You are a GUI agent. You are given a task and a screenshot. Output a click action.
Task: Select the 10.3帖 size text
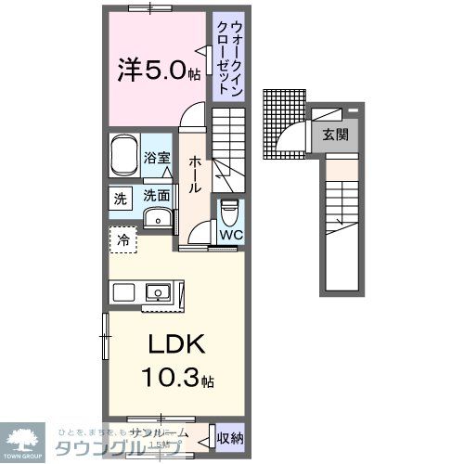click(175, 379)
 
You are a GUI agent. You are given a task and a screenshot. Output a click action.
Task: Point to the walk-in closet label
click(223, 57)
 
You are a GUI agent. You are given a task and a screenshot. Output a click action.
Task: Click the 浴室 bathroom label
click(158, 158)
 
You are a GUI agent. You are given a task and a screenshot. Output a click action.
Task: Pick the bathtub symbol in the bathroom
click(124, 157)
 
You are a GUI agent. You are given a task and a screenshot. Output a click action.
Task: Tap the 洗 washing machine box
click(122, 198)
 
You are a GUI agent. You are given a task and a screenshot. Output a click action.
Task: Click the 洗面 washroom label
click(156, 196)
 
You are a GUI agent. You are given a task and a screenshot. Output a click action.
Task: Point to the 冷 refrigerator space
click(122, 239)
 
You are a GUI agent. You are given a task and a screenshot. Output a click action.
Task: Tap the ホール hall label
click(195, 174)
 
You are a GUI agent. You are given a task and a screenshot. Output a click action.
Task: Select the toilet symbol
click(230, 212)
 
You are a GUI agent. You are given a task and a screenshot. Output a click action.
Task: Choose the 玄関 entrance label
click(335, 134)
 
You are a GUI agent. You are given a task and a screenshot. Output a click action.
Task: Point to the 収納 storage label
click(230, 437)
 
